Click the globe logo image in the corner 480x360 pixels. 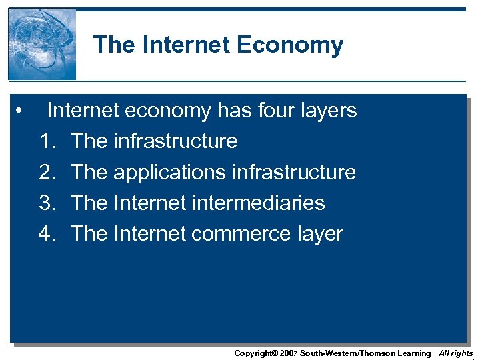41,45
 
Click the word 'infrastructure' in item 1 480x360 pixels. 175,141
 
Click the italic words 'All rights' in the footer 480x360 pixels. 456,353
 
